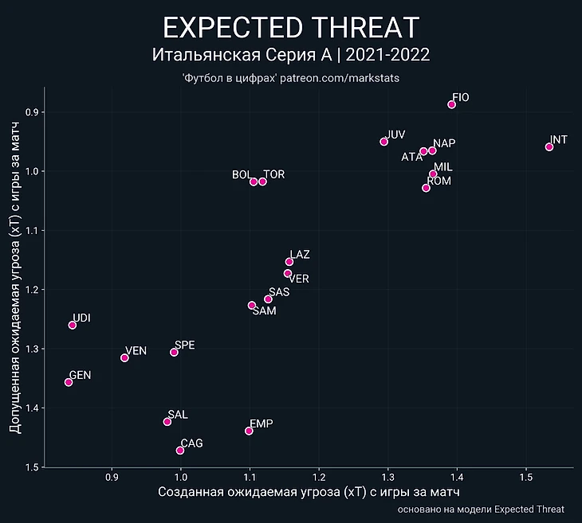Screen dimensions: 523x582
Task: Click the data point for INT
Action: point(549,147)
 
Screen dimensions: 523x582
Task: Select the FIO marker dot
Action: point(452,104)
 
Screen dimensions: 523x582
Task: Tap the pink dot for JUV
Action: point(384,142)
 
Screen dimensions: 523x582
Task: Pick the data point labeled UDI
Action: point(73,325)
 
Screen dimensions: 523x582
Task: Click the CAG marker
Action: point(180,451)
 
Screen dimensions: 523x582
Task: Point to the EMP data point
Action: point(249,431)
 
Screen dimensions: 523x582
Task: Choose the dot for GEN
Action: point(69,382)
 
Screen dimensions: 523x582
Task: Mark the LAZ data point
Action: point(289,262)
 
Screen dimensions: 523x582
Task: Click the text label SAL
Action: point(178,415)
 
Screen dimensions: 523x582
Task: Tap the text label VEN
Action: point(136,351)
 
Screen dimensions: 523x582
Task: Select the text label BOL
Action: point(241,174)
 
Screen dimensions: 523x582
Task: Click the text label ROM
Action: point(439,181)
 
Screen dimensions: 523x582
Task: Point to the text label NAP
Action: point(444,143)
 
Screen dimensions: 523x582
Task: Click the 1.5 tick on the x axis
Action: point(525,477)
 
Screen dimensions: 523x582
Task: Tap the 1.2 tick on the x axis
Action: point(318,477)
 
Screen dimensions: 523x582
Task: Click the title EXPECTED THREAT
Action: point(291,28)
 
